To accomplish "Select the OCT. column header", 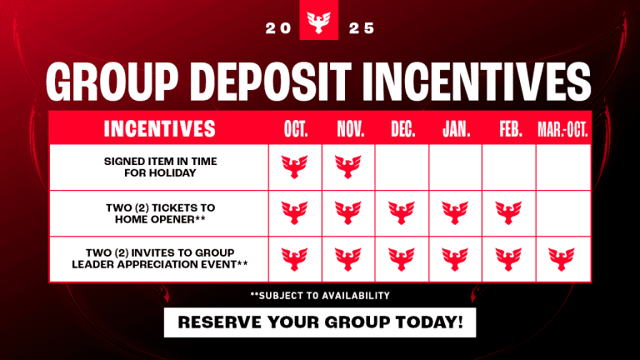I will (x=295, y=129).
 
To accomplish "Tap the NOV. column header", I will (x=348, y=129).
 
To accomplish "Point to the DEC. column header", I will (x=402, y=129).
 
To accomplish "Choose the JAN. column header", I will (x=455, y=129).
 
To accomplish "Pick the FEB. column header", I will (x=508, y=129).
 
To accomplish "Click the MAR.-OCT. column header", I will (x=563, y=129).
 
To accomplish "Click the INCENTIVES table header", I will (x=158, y=129).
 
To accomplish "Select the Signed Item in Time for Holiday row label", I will (x=158, y=167).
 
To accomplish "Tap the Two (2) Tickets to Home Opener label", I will (x=158, y=212).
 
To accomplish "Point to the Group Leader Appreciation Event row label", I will (x=158, y=258).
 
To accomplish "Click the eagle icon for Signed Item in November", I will (x=348, y=167).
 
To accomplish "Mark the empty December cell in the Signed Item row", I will (x=402, y=167).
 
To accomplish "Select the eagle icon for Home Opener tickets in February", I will (x=508, y=212).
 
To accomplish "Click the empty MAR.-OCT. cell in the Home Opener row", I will (x=563, y=212).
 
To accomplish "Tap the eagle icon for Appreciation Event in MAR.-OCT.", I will (x=563, y=258).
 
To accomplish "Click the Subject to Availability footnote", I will (x=319, y=296).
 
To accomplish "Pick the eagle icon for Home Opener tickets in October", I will (x=295, y=212).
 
